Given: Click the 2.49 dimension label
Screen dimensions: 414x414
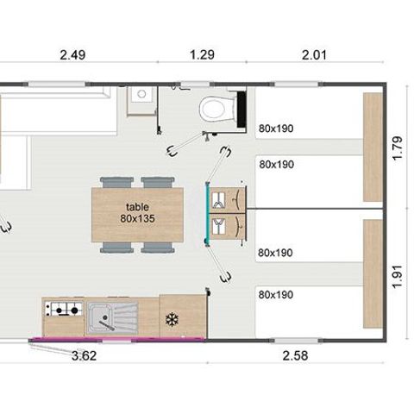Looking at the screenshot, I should point(73,56).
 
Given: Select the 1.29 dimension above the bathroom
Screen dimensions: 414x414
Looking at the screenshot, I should point(201,56).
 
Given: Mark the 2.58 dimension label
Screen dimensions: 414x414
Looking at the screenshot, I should point(294,354).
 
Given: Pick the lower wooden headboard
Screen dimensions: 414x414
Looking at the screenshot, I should point(373,273).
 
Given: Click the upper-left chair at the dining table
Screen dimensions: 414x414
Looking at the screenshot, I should point(115,182).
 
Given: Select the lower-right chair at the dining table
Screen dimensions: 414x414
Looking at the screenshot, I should point(156,248).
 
